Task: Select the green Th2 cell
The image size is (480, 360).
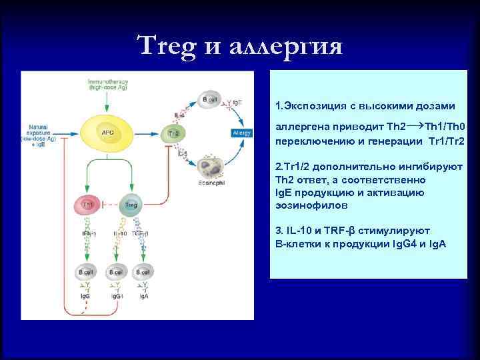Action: pos(173,134)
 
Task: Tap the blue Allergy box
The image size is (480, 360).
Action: pos(241,133)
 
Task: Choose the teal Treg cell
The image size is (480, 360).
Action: pos(131,205)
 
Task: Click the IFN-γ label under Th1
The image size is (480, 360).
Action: pos(89,233)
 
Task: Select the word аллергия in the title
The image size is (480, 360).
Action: pos(287,47)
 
